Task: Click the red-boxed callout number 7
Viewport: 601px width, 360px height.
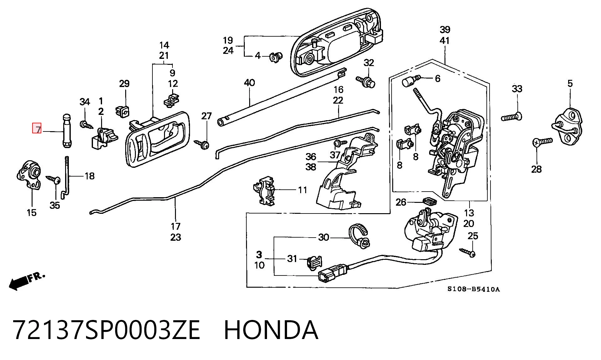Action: tap(37, 129)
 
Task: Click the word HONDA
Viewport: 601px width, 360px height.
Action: tap(271, 330)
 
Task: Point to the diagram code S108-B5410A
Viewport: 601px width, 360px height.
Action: tap(473, 289)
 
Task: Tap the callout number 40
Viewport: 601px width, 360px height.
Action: tap(249, 83)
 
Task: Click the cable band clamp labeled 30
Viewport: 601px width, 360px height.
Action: tap(359, 236)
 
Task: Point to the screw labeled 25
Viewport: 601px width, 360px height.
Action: tap(468, 252)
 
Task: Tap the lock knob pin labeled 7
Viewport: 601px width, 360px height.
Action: tap(67, 131)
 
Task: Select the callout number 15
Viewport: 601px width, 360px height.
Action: tap(32, 213)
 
